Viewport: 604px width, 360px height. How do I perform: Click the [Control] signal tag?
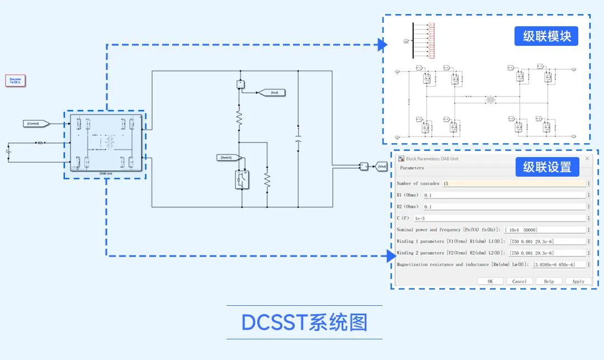tap(36, 123)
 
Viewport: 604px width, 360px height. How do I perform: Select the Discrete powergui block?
tap(16, 81)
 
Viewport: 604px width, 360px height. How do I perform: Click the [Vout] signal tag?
tap(380, 166)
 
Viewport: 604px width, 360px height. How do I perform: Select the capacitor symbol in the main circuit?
tap(298, 138)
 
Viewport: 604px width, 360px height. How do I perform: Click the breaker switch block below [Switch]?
tap(242, 179)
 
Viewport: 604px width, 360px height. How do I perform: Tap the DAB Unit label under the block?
tap(106, 174)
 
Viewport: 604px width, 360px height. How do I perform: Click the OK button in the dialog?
tap(490, 281)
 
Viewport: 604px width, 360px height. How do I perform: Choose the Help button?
tap(549, 281)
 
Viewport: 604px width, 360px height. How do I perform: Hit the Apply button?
tap(578, 281)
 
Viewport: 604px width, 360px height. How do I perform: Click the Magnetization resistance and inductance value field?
tap(558, 264)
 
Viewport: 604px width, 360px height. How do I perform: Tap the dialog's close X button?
tap(587, 159)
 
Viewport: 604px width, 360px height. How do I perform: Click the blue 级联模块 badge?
tap(546, 36)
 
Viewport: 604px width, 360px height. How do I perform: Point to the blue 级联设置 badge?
tap(546, 167)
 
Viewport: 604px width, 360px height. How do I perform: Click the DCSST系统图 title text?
tap(304, 323)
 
